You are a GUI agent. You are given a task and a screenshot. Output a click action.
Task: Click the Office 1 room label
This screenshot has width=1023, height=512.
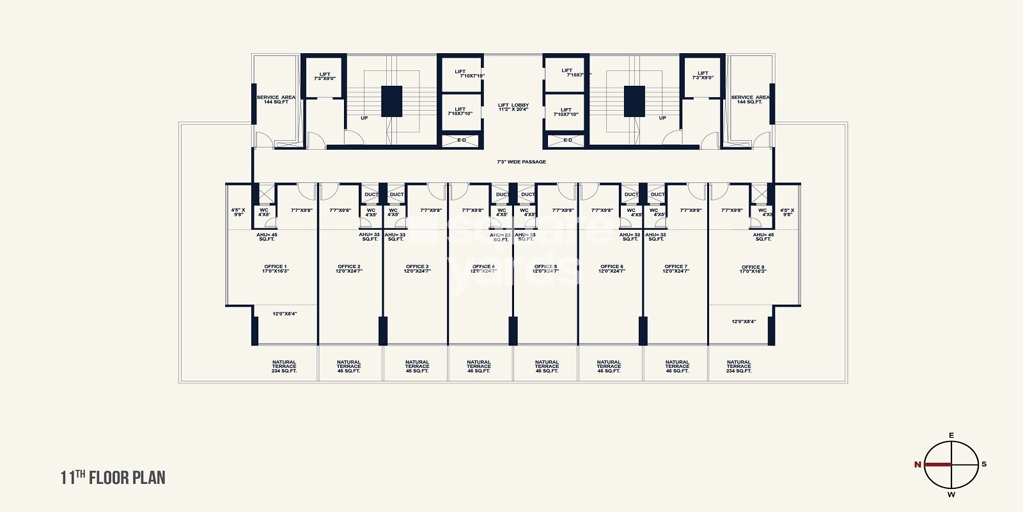[276, 266]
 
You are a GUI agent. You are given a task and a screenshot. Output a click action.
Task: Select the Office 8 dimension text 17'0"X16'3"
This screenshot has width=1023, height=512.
[753, 271]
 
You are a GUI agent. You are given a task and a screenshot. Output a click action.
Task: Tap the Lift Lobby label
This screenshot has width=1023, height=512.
[513, 105]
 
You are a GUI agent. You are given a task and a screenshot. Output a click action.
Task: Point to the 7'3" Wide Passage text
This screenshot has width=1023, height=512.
[522, 162]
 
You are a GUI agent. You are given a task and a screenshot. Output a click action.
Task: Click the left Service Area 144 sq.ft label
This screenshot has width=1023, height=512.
[276, 99]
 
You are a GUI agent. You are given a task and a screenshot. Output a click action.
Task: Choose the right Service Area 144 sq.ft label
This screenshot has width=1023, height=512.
[750, 99]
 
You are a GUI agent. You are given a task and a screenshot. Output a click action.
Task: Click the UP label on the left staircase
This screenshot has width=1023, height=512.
[364, 118]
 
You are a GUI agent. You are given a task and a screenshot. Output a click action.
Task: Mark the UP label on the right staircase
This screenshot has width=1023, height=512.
[662, 118]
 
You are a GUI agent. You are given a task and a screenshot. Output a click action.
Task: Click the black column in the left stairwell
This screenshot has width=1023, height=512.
[391, 101]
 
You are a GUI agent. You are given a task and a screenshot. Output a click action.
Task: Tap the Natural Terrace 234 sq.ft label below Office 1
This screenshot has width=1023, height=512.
[284, 366]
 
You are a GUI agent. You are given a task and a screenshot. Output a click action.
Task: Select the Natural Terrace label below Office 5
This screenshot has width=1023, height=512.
[547, 366]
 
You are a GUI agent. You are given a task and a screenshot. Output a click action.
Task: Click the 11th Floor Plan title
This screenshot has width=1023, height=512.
[113, 477]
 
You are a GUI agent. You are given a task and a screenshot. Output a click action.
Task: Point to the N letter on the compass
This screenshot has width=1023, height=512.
[918, 465]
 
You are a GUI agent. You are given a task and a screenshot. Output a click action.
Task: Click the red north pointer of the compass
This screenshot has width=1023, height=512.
[937, 465]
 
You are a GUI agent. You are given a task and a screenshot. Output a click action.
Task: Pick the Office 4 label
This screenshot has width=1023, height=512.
[483, 266]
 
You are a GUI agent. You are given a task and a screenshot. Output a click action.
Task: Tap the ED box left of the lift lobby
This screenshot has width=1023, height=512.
[462, 140]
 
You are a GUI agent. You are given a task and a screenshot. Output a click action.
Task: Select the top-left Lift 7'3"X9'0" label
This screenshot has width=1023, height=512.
[325, 76]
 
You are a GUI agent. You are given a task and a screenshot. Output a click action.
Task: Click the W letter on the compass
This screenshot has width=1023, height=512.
[951, 494]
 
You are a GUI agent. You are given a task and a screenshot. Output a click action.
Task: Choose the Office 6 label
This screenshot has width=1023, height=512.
[612, 266]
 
